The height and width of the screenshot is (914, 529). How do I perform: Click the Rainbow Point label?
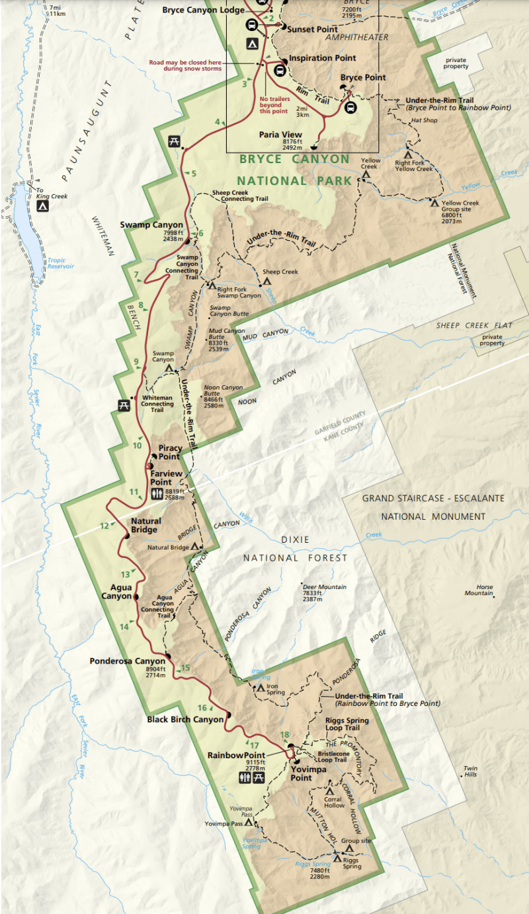235,755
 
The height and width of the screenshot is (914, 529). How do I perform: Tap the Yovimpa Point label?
301,773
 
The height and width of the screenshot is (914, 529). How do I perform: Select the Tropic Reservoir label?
60,263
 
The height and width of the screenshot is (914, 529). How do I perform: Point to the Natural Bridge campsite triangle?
194,547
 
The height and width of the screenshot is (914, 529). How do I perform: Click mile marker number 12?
104,526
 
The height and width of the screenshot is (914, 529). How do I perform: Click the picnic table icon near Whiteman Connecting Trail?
123,405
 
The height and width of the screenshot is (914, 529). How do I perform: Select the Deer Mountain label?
323,587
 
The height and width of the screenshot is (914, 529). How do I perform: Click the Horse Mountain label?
479,590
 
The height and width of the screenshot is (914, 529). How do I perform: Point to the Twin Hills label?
470,771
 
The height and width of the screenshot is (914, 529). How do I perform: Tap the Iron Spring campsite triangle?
260,687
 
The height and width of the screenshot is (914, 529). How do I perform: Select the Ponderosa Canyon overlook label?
128,660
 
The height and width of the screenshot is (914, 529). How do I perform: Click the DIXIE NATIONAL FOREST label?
294,549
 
